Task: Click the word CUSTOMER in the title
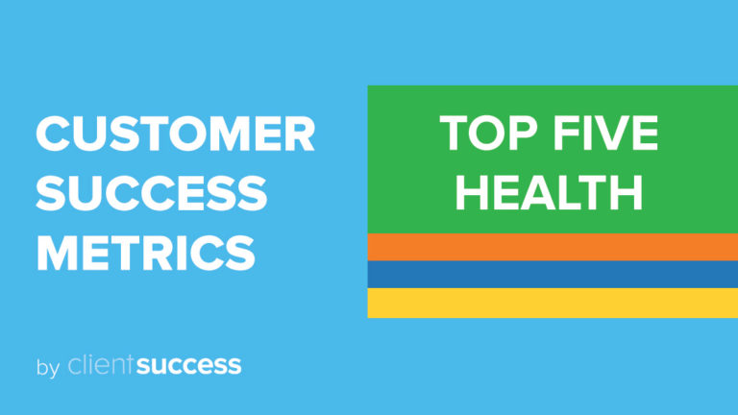(x=175, y=134)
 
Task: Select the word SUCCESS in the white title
(x=151, y=194)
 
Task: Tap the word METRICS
(x=145, y=253)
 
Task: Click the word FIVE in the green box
(x=604, y=134)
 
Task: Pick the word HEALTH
(x=549, y=192)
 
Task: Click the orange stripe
(x=553, y=247)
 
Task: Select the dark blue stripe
(x=553, y=275)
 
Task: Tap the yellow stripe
(x=553, y=303)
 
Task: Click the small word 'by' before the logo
(x=47, y=367)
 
